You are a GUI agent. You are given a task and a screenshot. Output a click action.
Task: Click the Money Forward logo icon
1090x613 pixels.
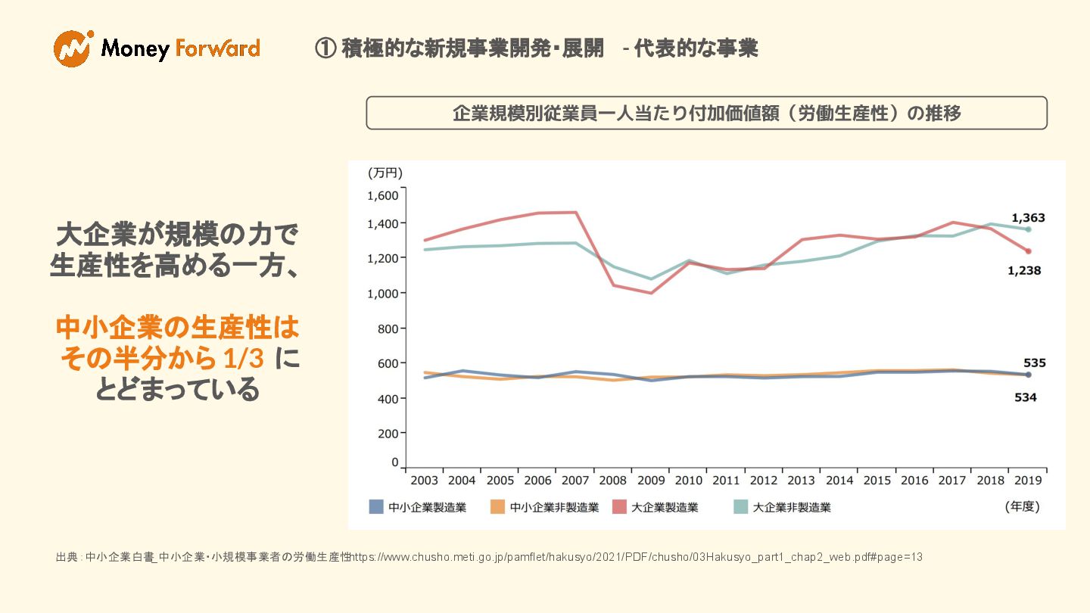pos(73,48)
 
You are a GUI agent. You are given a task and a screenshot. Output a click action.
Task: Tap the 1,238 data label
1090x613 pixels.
pos(1023,271)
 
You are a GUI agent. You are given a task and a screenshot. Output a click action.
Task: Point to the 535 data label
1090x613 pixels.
pos(1034,363)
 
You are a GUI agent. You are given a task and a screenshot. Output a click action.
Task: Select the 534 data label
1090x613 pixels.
pos(1025,397)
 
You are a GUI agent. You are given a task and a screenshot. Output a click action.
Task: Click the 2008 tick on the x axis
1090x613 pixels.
pos(612,481)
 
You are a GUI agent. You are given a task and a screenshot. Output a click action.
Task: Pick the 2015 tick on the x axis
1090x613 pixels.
pos(877,481)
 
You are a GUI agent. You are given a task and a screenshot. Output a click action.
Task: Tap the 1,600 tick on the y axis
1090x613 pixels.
pos(382,195)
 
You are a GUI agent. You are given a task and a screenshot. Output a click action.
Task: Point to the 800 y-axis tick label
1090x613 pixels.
pos(388,328)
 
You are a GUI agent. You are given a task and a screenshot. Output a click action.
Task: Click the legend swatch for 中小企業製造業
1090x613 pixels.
pos(376,507)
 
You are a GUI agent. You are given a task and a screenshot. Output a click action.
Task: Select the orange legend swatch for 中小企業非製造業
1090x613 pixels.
pos(497,507)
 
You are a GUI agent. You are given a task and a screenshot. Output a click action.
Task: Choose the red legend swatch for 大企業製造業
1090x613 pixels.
pos(619,507)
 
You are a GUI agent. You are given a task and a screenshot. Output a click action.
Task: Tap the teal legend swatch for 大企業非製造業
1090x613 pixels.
pos(741,507)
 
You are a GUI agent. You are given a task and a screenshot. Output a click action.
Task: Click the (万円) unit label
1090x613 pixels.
pos(385,173)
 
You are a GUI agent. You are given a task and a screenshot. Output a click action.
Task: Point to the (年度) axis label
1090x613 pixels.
pos(1022,506)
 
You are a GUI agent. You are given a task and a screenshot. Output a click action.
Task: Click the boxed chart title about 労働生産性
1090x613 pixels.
pos(706,114)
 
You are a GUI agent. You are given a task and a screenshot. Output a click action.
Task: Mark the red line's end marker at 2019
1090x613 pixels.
pos(1028,251)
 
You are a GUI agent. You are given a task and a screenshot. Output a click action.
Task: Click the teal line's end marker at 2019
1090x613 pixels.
pos(1028,229)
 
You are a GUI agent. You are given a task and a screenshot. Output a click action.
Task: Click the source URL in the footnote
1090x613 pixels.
pos(637,557)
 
